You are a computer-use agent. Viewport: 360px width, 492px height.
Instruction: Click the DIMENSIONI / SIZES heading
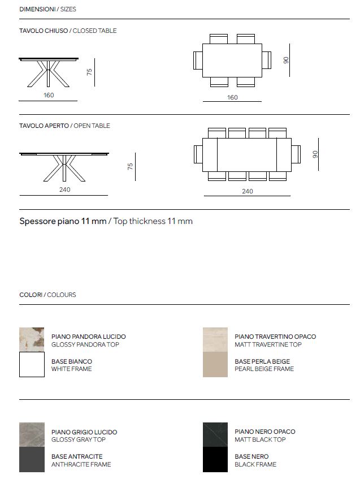pos(47,10)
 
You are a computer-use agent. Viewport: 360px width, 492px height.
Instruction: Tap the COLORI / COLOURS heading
pos(47,295)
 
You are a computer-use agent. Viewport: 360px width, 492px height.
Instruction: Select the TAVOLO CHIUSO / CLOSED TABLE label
pos(68,31)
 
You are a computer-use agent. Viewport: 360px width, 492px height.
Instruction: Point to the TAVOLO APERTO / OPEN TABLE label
pos(64,126)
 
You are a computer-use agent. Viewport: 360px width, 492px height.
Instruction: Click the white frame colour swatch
pos(32,365)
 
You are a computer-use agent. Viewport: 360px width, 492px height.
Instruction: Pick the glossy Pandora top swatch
pos(32,339)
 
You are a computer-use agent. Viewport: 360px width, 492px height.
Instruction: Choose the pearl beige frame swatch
pos(215,365)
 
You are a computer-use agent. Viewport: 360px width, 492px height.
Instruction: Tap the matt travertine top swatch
pos(215,339)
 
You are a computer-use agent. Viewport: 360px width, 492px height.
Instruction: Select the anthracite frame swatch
pos(32,460)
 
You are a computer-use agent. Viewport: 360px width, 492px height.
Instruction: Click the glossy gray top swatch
pos(32,434)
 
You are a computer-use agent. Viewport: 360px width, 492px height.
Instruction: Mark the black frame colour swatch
pos(215,460)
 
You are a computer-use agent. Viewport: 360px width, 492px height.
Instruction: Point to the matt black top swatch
pos(215,434)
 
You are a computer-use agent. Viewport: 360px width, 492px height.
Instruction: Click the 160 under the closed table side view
pos(49,95)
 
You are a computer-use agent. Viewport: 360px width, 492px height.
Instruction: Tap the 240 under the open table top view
pos(247,191)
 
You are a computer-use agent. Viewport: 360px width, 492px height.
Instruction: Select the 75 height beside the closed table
pos(89,72)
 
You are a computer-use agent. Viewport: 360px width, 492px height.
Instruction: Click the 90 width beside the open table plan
pos(316,154)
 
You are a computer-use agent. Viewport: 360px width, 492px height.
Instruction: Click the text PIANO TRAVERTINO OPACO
pos(275,336)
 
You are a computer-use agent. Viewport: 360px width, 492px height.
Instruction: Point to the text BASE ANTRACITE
pos(77,456)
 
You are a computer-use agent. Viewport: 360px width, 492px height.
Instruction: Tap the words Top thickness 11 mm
pos(153,221)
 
